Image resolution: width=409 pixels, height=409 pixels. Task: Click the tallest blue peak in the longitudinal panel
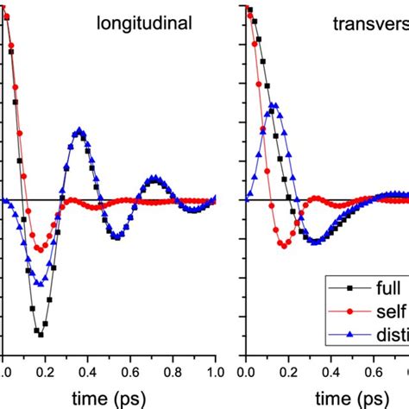[x=79, y=131]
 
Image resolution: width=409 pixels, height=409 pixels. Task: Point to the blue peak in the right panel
[x=274, y=106]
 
